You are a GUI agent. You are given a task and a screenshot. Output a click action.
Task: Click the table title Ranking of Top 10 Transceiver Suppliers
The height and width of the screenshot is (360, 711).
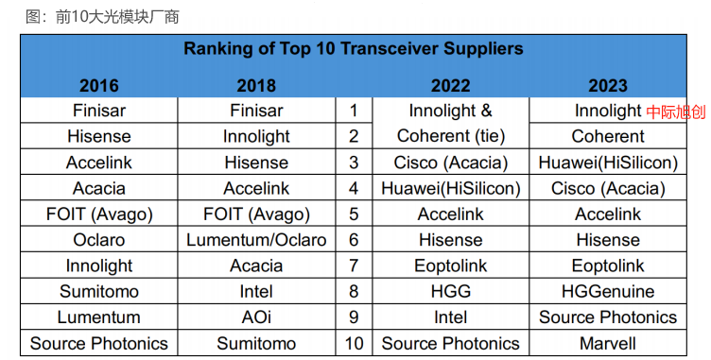(354, 48)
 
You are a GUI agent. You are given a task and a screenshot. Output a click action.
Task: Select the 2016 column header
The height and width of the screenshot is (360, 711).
(99, 86)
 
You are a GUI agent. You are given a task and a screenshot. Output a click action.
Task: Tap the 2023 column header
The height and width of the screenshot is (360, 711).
(608, 86)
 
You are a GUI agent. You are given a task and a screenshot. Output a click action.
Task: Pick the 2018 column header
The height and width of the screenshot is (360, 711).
(256, 86)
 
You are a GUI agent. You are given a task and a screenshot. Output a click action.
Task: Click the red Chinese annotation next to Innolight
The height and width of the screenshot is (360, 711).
(676, 111)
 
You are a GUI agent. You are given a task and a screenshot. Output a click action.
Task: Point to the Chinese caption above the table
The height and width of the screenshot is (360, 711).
(102, 17)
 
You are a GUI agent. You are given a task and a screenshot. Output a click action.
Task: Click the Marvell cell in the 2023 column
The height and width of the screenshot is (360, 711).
(608, 343)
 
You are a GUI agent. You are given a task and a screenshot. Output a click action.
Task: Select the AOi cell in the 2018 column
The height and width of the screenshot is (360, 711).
(256, 317)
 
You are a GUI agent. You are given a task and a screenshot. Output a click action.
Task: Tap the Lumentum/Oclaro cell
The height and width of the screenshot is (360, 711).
(256, 240)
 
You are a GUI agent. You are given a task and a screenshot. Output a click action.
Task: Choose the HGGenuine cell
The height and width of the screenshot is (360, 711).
(608, 291)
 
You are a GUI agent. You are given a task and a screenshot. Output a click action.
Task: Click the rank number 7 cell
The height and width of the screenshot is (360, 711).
(354, 266)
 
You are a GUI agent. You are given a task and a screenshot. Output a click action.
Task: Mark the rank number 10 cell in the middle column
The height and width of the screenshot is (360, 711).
(354, 343)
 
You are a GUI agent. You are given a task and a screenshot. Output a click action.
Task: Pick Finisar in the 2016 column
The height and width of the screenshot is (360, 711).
(99, 111)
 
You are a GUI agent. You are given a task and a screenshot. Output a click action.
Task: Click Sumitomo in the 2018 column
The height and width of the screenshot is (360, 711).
(256, 343)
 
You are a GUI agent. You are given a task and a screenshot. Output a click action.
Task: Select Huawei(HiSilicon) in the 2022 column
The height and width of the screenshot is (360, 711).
(450, 188)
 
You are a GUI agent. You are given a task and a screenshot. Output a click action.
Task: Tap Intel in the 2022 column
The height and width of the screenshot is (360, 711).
(450, 317)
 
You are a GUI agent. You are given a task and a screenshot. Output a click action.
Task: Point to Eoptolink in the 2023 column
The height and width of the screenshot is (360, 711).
(608, 266)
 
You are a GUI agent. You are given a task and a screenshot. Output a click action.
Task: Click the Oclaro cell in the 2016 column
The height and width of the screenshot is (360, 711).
(99, 240)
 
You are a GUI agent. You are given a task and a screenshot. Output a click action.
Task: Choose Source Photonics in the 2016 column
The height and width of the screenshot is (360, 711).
(99, 343)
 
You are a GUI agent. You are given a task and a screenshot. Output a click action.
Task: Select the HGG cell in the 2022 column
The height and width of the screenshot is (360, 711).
(450, 291)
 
